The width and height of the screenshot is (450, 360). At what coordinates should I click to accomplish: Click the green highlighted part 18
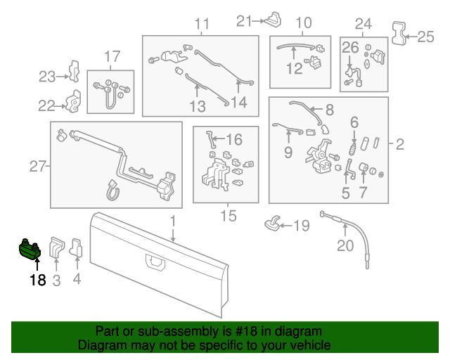(x=30, y=249)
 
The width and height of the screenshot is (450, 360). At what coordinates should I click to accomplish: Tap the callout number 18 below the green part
(x=37, y=281)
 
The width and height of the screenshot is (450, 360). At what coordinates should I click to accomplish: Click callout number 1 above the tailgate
(x=172, y=222)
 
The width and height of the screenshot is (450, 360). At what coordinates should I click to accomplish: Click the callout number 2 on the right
(x=399, y=145)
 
